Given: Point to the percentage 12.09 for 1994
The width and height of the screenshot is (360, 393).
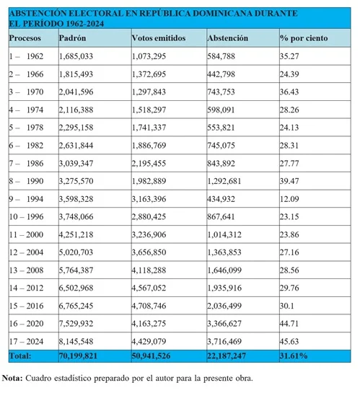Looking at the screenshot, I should [291, 198].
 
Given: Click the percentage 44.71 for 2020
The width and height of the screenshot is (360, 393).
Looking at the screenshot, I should [291, 324].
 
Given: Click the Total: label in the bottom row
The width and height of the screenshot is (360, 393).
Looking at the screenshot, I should [22, 356].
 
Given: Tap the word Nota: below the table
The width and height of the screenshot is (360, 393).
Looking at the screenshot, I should [13, 378].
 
